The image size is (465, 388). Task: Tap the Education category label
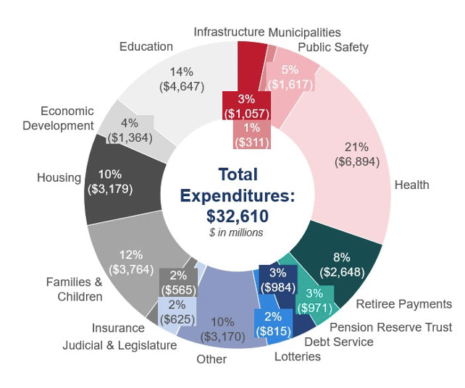click(146, 47)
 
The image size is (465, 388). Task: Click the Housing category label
click(59, 177)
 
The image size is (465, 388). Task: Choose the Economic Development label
click(58, 118)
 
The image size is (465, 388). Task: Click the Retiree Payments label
click(404, 303)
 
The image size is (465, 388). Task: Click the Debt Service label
click(339, 342)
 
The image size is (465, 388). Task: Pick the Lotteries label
click(298, 355)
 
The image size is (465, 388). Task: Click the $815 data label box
click(274, 329)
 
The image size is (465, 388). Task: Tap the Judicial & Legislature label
click(120, 345)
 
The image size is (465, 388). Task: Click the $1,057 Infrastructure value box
click(246, 114)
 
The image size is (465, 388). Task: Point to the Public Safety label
click(334, 47)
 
